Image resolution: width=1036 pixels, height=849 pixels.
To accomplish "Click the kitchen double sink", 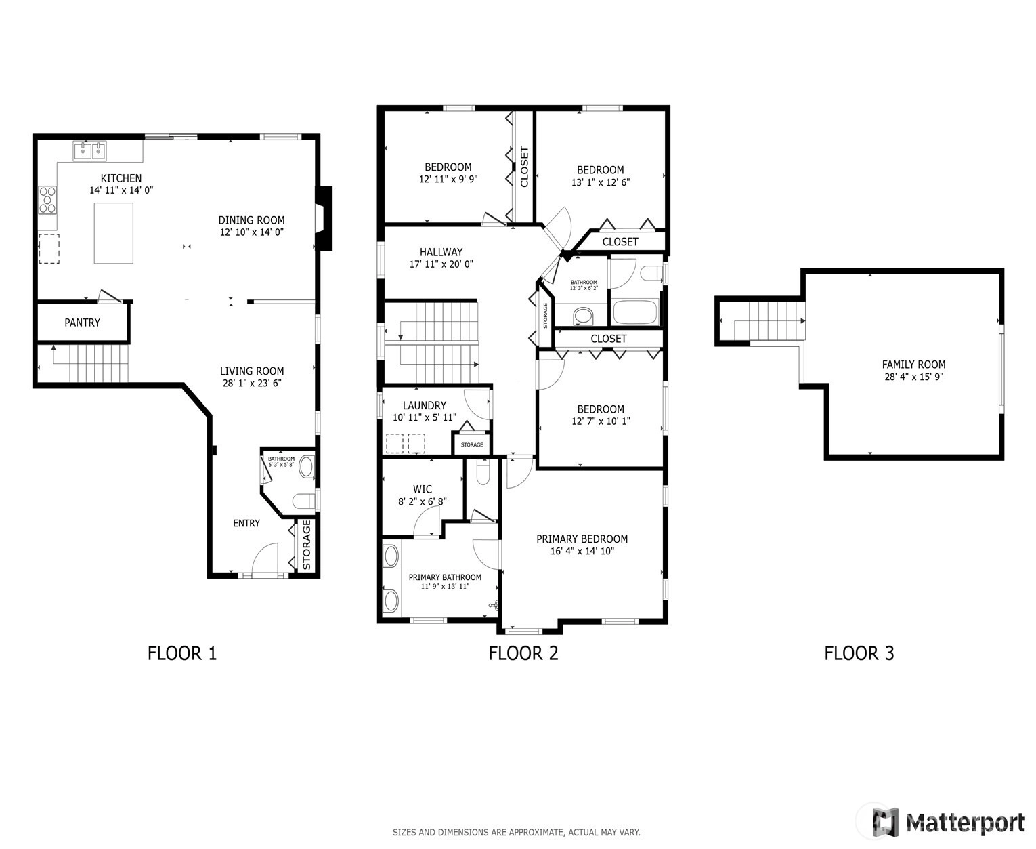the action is coord(89,151).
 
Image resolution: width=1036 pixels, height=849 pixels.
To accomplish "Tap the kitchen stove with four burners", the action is coord(47,200).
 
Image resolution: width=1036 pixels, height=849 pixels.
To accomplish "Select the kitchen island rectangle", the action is coord(114,233).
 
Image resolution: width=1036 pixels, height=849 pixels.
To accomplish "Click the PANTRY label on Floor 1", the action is coord(82,323).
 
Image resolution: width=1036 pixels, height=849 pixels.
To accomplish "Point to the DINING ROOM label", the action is coord(251,220).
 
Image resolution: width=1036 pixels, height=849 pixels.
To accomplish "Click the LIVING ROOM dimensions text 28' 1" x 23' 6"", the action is coord(252,383).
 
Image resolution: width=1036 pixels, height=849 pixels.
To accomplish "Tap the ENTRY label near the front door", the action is coord(246,523).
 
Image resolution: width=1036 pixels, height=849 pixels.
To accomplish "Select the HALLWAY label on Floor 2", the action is coord(441,252).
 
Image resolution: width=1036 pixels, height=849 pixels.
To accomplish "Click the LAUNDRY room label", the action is coord(425,406).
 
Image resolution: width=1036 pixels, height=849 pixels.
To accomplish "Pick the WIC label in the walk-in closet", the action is coord(423,489).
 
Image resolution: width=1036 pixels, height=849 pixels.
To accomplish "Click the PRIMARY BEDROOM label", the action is coord(582,539).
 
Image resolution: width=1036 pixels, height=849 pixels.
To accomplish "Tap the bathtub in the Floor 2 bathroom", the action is coord(635,312).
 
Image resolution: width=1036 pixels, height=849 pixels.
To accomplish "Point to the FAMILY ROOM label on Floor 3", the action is coord(913,365).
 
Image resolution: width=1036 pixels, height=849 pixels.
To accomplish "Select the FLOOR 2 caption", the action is coord(523,653).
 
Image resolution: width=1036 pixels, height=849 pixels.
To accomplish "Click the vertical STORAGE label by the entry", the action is coord(307,545).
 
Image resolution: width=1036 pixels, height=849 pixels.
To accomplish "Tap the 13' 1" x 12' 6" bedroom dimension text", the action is coord(601,182).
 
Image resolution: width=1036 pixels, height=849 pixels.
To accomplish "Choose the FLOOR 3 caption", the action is coord(859,653).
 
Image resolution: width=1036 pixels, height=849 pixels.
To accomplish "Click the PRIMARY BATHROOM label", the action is coord(445,577).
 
